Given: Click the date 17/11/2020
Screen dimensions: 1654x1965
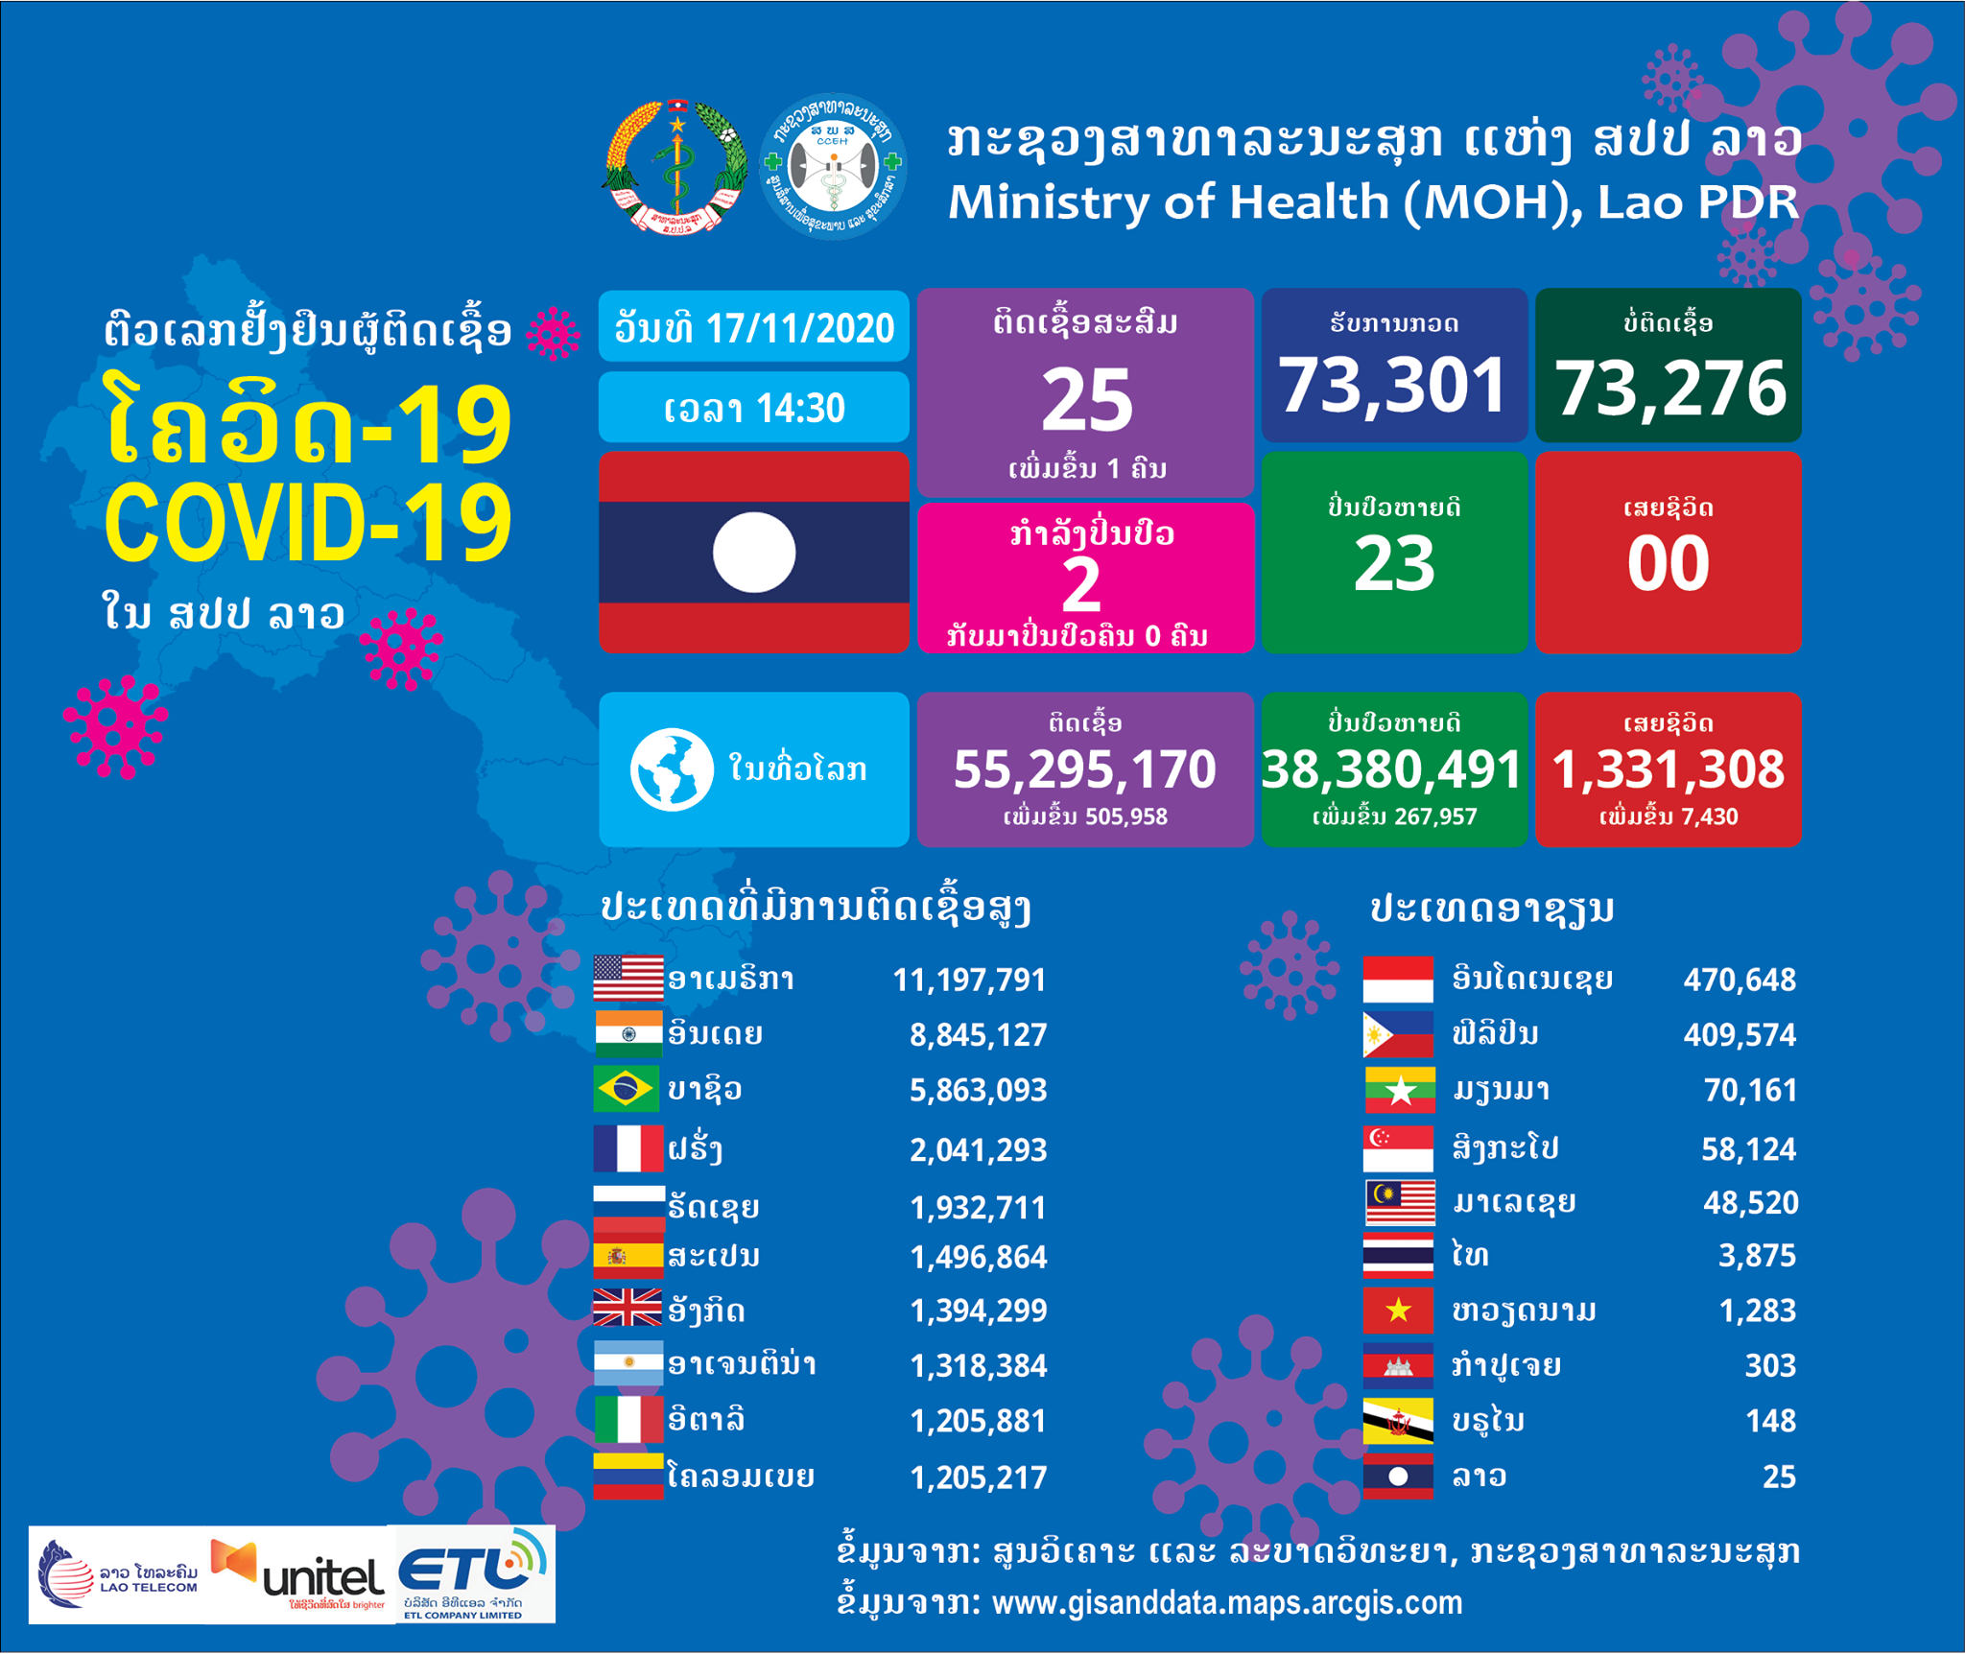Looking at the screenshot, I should (x=800, y=329).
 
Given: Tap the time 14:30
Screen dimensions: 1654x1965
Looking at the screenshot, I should (x=800, y=409).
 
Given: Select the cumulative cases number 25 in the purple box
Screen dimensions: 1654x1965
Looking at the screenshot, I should (x=1087, y=400).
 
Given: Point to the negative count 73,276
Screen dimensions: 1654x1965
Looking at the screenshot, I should (x=1669, y=389).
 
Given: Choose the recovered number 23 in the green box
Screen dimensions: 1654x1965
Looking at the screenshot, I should (x=1394, y=564).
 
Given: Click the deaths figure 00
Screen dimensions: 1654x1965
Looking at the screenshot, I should (x=1668, y=564).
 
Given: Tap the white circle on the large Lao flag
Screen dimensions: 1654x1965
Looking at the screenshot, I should (x=754, y=553).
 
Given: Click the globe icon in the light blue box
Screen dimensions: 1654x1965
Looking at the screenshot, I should (x=672, y=769).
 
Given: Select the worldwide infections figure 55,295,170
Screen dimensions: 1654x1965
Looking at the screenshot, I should (x=1085, y=769).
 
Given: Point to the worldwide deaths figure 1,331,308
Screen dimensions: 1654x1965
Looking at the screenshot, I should (x=1668, y=769).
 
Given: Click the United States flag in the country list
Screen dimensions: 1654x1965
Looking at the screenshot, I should (x=627, y=979).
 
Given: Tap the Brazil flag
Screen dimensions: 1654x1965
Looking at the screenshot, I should (x=627, y=1089).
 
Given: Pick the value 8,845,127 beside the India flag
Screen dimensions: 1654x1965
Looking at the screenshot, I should (x=978, y=1034).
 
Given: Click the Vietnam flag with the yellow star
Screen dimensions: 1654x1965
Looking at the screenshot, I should (x=1398, y=1311).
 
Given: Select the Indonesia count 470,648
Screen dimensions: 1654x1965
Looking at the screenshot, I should (x=1739, y=980).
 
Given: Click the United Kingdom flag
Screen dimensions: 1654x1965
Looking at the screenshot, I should (x=627, y=1309).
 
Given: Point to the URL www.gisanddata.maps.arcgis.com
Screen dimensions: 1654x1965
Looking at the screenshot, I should (x=1226, y=1603).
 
